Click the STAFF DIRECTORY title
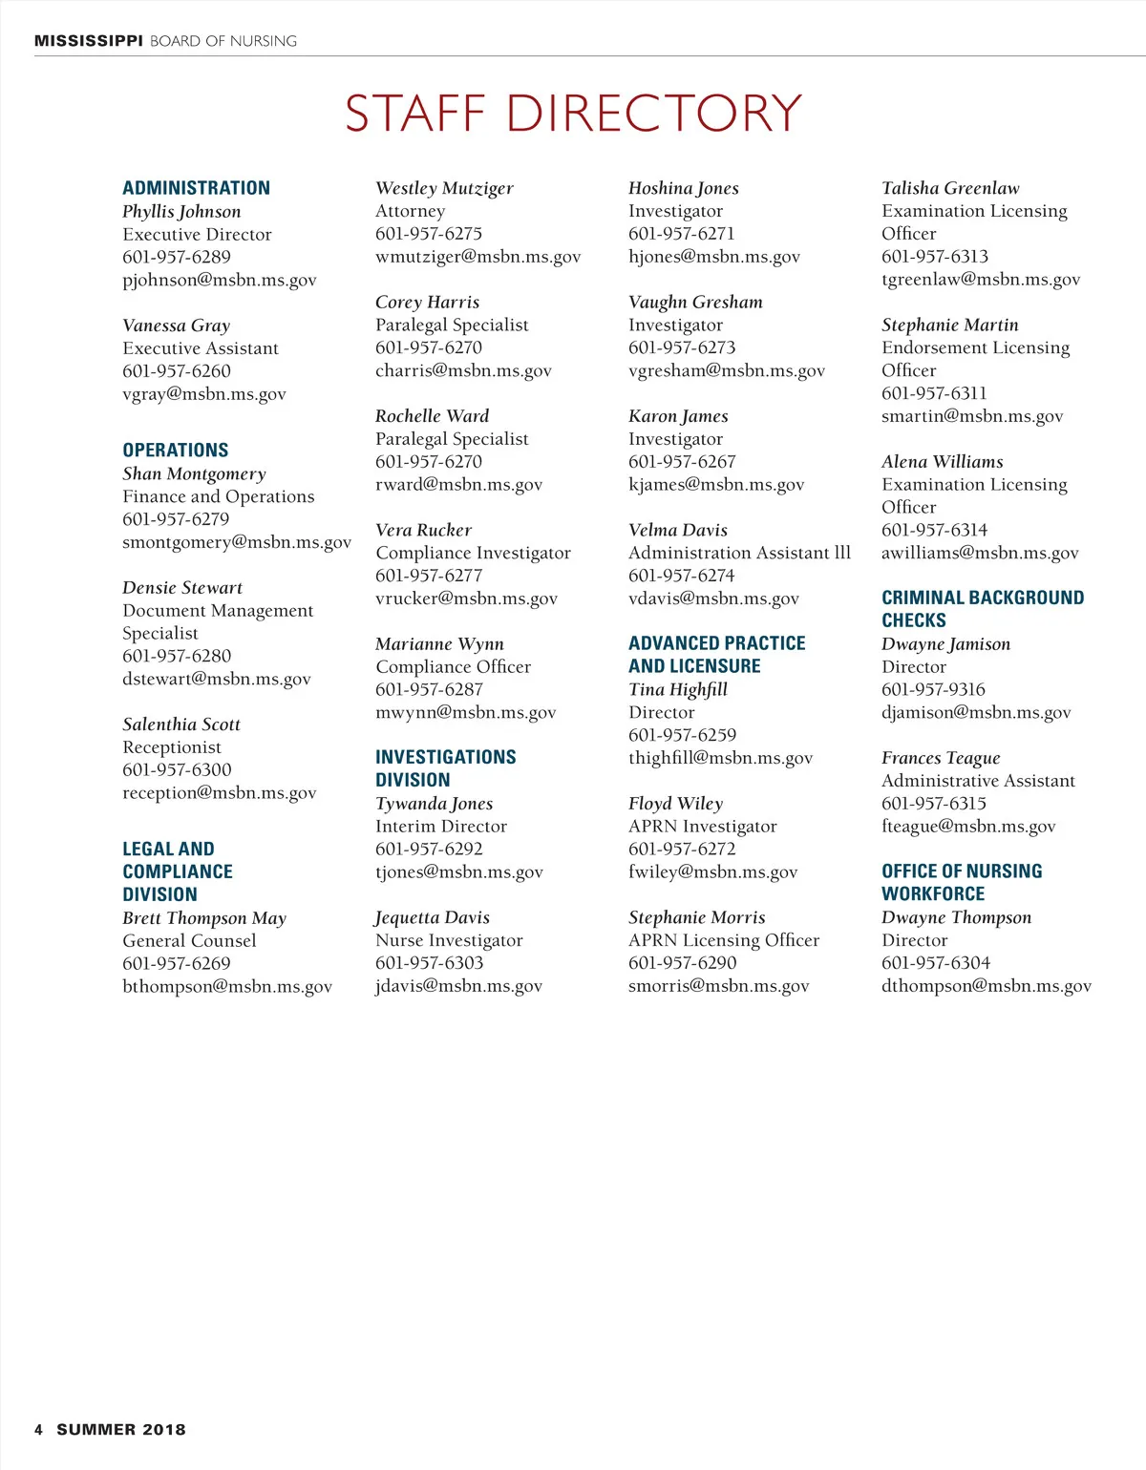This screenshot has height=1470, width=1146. pyautogui.click(x=573, y=114)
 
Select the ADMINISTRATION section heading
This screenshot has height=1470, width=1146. pyautogui.click(x=196, y=188)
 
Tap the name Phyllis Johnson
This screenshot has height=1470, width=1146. pyautogui.click(x=181, y=212)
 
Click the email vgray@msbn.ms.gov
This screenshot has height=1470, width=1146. pyautogui.click(x=204, y=394)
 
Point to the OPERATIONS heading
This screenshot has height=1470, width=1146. pyautogui.click(x=176, y=451)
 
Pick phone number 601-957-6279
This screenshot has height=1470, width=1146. pyautogui.click(x=176, y=519)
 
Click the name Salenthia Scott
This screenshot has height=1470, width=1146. pyautogui.click(x=181, y=724)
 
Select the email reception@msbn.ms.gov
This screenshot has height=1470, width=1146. pyautogui.click(x=219, y=793)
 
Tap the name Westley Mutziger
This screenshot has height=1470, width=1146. pyautogui.click(x=444, y=189)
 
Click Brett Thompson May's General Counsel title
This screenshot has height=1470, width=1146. pyautogui.click(x=189, y=941)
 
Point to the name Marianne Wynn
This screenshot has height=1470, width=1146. pyautogui.click(x=439, y=644)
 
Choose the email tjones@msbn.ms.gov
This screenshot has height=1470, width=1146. pyautogui.click(x=459, y=872)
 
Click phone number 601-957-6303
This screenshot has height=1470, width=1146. pyautogui.click(x=429, y=963)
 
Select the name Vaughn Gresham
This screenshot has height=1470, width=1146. pyautogui.click(x=695, y=303)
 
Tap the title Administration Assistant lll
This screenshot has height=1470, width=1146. pyautogui.click(x=739, y=554)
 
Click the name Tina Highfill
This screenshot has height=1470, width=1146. pyautogui.click(x=678, y=690)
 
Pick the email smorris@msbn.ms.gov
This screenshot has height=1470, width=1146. pyautogui.click(x=718, y=986)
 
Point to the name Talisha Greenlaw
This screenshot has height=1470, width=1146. pyautogui.click(x=950, y=189)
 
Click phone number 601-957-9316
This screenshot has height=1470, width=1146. pyautogui.click(x=933, y=690)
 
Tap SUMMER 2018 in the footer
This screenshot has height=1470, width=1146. pyautogui.click(x=121, y=1430)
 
